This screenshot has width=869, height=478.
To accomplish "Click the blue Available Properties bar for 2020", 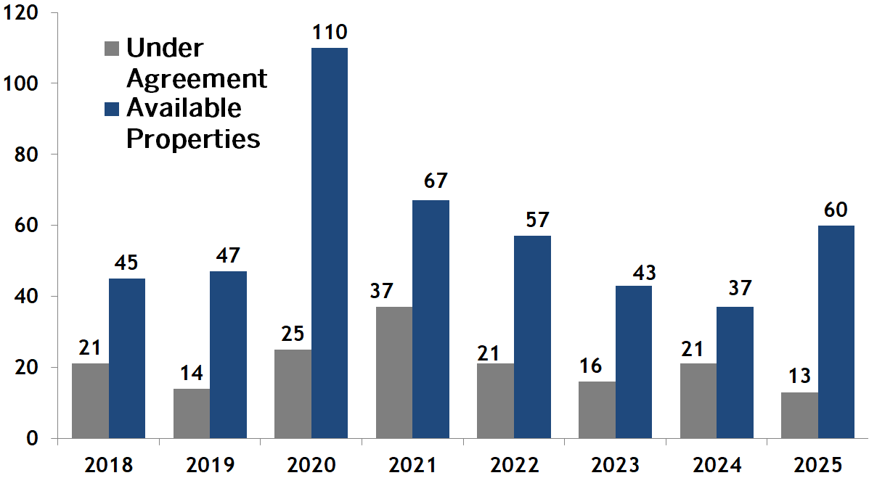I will [x=330, y=243].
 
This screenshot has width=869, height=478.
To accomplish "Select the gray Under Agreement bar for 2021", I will [x=394, y=372].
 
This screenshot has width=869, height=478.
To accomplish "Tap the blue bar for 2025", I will [x=836, y=331].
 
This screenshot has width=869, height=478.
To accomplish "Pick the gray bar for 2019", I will [x=192, y=413].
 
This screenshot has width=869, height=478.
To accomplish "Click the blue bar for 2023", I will [x=633, y=362].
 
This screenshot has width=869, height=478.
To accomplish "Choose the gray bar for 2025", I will [x=799, y=415].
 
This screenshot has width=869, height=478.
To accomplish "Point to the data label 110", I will [x=330, y=33].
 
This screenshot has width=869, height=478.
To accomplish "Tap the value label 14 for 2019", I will [x=192, y=374].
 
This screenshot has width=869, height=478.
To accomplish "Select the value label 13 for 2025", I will [x=799, y=377].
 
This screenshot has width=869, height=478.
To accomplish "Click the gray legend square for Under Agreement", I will [x=112, y=49].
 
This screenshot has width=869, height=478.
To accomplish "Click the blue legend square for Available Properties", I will [x=112, y=109].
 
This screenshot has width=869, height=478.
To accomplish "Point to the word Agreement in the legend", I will [x=197, y=78].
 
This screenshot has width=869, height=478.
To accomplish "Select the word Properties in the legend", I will [x=193, y=138].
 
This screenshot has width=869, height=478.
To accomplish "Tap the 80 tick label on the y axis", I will [x=27, y=154].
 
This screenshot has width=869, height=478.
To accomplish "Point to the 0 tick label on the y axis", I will [x=33, y=438].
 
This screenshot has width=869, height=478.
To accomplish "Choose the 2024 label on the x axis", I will [x=719, y=464].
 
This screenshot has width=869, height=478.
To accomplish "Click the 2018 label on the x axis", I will [x=109, y=464].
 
